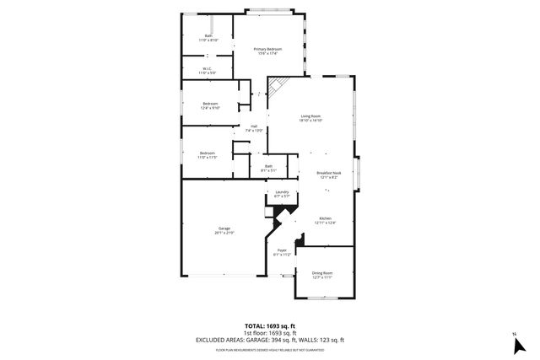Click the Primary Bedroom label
267,50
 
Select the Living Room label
311,116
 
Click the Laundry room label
282,192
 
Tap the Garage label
224,228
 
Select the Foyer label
283,250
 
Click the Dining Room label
322,273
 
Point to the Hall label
253,126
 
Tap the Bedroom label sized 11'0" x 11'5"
208,153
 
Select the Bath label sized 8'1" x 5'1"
268,166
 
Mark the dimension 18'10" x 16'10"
311,121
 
